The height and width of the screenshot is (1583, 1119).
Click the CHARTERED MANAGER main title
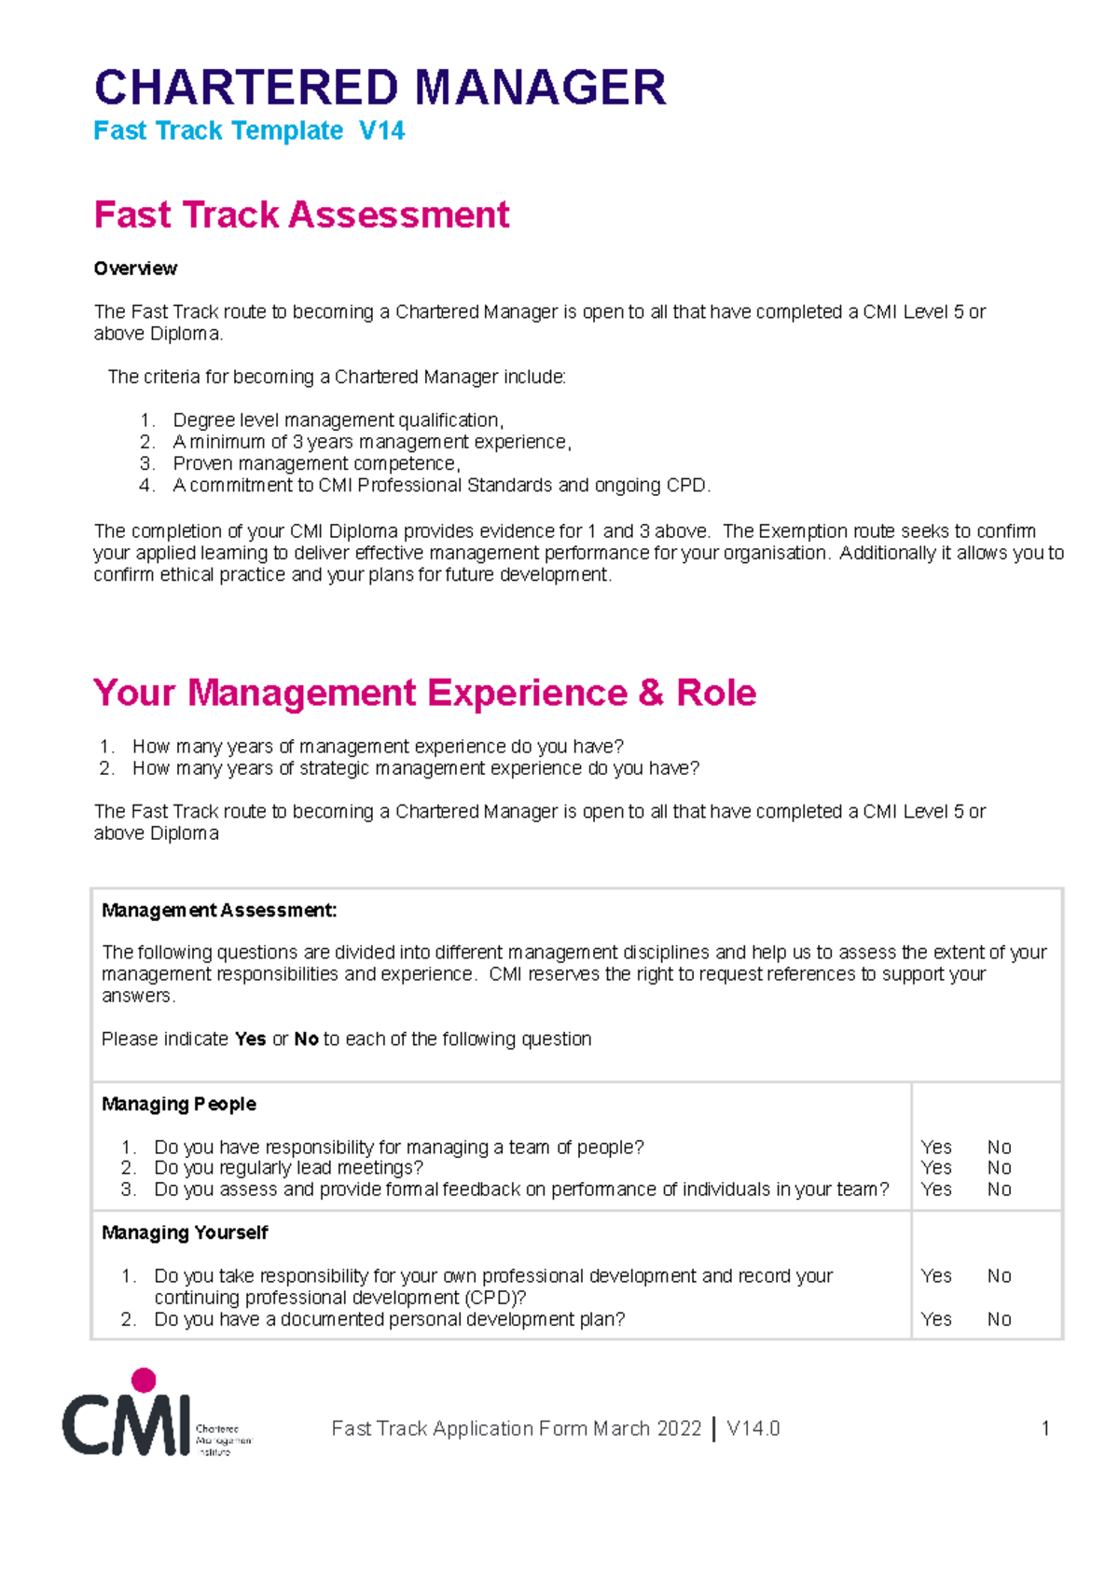(x=380, y=88)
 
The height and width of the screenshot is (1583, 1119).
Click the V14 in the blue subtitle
(x=381, y=131)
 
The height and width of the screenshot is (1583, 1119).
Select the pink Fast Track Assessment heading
(x=301, y=214)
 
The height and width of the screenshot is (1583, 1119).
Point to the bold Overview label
(x=135, y=268)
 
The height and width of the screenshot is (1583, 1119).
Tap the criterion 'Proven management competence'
(x=316, y=463)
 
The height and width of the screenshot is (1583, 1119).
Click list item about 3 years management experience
(x=371, y=442)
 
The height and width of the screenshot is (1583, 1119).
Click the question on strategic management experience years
(x=415, y=768)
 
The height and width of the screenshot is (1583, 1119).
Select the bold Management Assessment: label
(x=219, y=911)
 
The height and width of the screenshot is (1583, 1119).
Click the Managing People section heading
(x=179, y=1104)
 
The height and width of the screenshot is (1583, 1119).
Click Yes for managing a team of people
(x=935, y=1148)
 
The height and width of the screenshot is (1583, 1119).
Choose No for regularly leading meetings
(x=999, y=1168)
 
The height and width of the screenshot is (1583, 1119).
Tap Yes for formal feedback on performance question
(x=935, y=1190)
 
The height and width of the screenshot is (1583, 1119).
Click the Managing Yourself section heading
(x=185, y=1232)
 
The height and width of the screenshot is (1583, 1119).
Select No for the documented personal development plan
(x=999, y=1319)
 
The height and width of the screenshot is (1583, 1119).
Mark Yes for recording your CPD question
(x=935, y=1276)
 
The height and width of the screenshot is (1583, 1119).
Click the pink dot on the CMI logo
(x=144, y=1380)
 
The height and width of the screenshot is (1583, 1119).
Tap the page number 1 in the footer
(x=1045, y=1428)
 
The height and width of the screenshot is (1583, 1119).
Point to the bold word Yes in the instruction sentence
(x=250, y=1039)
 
